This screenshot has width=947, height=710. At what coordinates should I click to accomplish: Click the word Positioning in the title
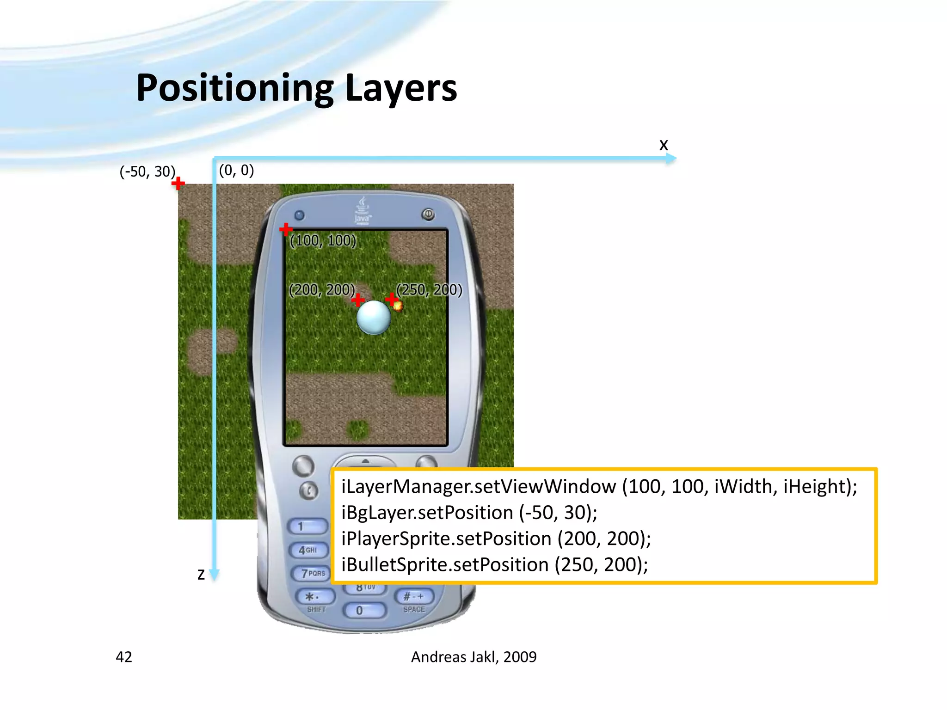[x=235, y=88]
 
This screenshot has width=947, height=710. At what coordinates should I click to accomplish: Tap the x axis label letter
[x=664, y=145]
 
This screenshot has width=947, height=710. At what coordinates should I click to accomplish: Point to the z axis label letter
[x=201, y=575]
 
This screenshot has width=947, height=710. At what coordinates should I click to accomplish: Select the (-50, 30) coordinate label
[x=148, y=172]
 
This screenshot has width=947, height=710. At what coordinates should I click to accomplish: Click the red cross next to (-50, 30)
[x=178, y=184]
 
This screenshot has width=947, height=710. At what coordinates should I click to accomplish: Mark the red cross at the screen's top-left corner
[x=286, y=229]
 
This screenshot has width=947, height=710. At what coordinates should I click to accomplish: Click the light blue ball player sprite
[x=374, y=317]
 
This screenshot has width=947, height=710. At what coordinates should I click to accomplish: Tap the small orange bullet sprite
[x=398, y=306]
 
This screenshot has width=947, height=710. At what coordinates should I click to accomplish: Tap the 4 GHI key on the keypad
[x=308, y=550]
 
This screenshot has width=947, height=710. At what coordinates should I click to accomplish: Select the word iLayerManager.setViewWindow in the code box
[x=479, y=487]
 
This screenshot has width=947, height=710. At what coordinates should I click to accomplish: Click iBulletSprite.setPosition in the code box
[x=445, y=565]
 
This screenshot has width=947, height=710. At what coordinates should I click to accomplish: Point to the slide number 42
[x=124, y=657]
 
